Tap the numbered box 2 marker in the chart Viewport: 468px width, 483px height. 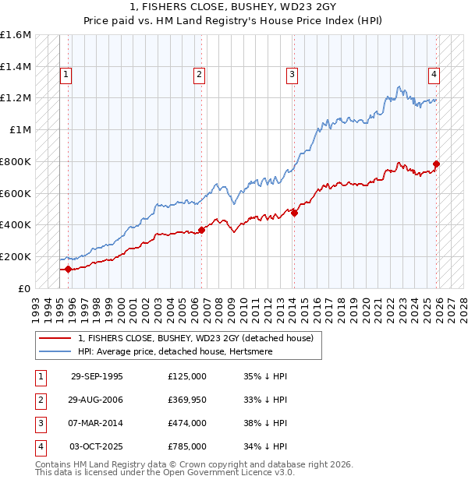tap(199, 75)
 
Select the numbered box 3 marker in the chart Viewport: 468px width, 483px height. tap(292, 75)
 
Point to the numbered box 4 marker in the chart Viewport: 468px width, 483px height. tap(433, 75)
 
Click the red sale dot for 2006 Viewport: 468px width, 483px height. tap(201, 230)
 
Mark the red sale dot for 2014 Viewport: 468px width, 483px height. tap(294, 213)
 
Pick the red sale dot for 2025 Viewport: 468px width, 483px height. tap(436, 164)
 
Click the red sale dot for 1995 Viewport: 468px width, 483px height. tap(68, 269)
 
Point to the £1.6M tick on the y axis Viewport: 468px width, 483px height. tap(16, 35)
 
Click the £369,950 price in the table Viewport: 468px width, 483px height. tap(186, 400)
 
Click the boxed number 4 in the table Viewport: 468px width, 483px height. tap(40, 446)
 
